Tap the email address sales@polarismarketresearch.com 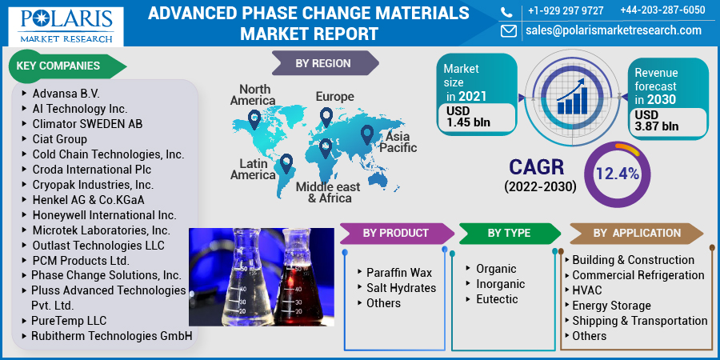point(613,30)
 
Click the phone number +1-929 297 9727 point(566,10)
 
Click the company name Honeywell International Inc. point(104,215)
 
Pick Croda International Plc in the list point(91,170)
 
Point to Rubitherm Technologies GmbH point(111,336)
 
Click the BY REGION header point(323,63)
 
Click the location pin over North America point(254,120)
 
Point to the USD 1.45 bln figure point(469,117)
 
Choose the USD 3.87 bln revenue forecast point(656,120)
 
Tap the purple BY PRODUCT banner point(395,233)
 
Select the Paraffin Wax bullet point(398,273)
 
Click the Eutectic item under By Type point(497,299)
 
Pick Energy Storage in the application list point(611,306)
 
